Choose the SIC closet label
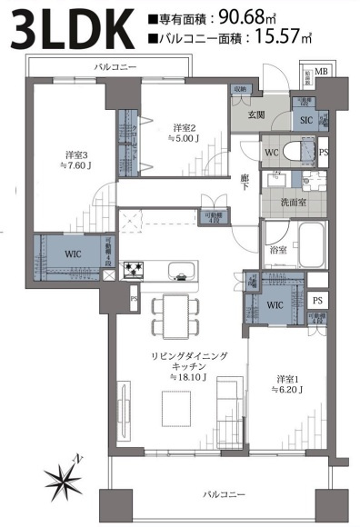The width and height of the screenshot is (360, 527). [306, 119]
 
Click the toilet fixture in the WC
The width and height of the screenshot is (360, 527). [294, 150]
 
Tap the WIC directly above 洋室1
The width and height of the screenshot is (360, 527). [276, 304]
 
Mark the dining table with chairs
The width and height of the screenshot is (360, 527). [172, 314]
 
